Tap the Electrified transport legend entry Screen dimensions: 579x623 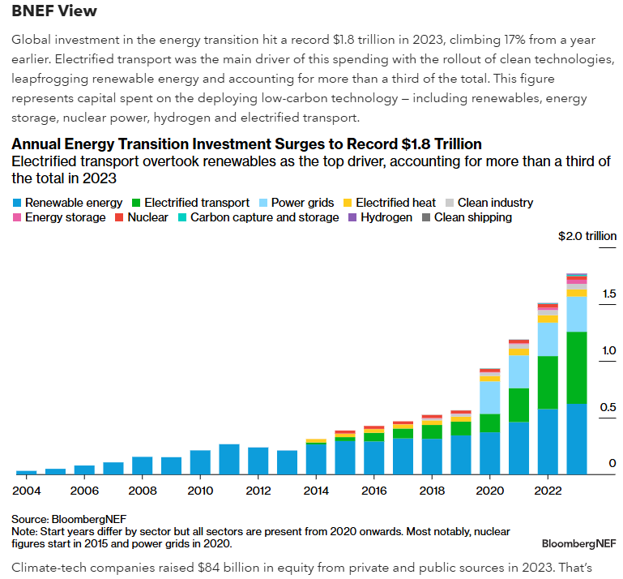[190, 203]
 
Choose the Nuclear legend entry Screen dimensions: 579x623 [141, 217]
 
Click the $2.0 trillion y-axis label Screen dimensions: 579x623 [587, 237]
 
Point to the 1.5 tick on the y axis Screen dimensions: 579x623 [608, 294]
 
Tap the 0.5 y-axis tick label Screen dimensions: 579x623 [608, 407]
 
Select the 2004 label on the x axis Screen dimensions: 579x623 [27, 491]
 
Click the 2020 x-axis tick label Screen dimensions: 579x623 [490, 491]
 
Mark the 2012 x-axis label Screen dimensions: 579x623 [258, 491]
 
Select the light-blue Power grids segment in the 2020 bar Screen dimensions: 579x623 [490, 397]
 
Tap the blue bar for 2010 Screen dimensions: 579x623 [200, 462]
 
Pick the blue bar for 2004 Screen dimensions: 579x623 [27, 472]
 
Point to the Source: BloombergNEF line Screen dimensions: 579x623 [69, 519]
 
